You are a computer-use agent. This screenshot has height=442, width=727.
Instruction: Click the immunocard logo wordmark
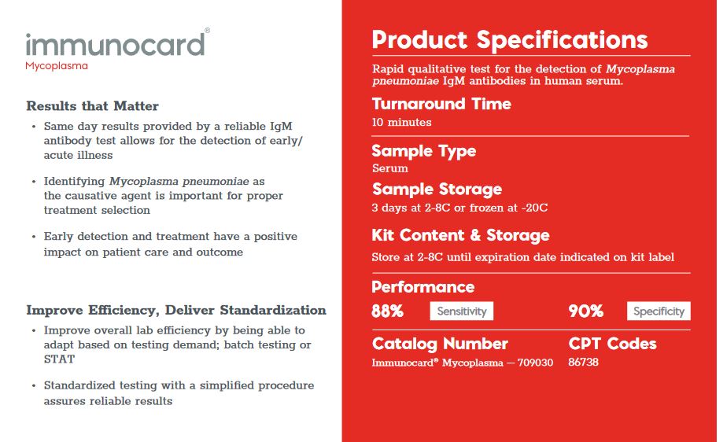(x=116, y=44)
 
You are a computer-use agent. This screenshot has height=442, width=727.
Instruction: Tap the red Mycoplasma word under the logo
(x=57, y=66)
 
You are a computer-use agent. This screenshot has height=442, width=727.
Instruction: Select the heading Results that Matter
(x=92, y=106)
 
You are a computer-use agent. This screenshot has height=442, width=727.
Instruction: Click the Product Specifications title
(x=510, y=40)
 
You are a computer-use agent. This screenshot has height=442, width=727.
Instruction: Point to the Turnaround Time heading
(x=441, y=104)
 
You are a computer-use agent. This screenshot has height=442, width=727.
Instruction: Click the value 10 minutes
(x=401, y=123)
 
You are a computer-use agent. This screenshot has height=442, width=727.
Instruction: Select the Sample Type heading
(x=424, y=151)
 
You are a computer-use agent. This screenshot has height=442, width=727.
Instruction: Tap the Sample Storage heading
(x=437, y=190)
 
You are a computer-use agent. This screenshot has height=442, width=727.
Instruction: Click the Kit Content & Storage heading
(x=460, y=235)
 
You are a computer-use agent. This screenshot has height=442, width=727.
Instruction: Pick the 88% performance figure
(x=388, y=311)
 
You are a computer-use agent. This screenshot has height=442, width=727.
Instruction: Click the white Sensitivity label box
(x=462, y=311)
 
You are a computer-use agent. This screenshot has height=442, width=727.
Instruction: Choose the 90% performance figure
(x=586, y=311)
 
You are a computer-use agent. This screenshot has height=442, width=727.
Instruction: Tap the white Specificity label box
(x=659, y=311)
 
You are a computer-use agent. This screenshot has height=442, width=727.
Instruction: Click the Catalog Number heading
(x=440, y=344)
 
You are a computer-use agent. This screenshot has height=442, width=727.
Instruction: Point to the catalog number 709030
(x=535, y=363)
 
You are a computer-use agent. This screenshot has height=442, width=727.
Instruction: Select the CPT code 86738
(x=583, y=362)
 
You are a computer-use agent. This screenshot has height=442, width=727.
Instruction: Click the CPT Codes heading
(x=612, y=344)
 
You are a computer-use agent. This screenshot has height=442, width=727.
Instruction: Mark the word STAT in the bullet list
(x=59, y=359)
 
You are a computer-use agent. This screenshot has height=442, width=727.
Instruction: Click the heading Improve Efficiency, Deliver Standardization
(x=176, y=310)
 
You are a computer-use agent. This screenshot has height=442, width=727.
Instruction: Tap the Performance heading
(x=423, y=287)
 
